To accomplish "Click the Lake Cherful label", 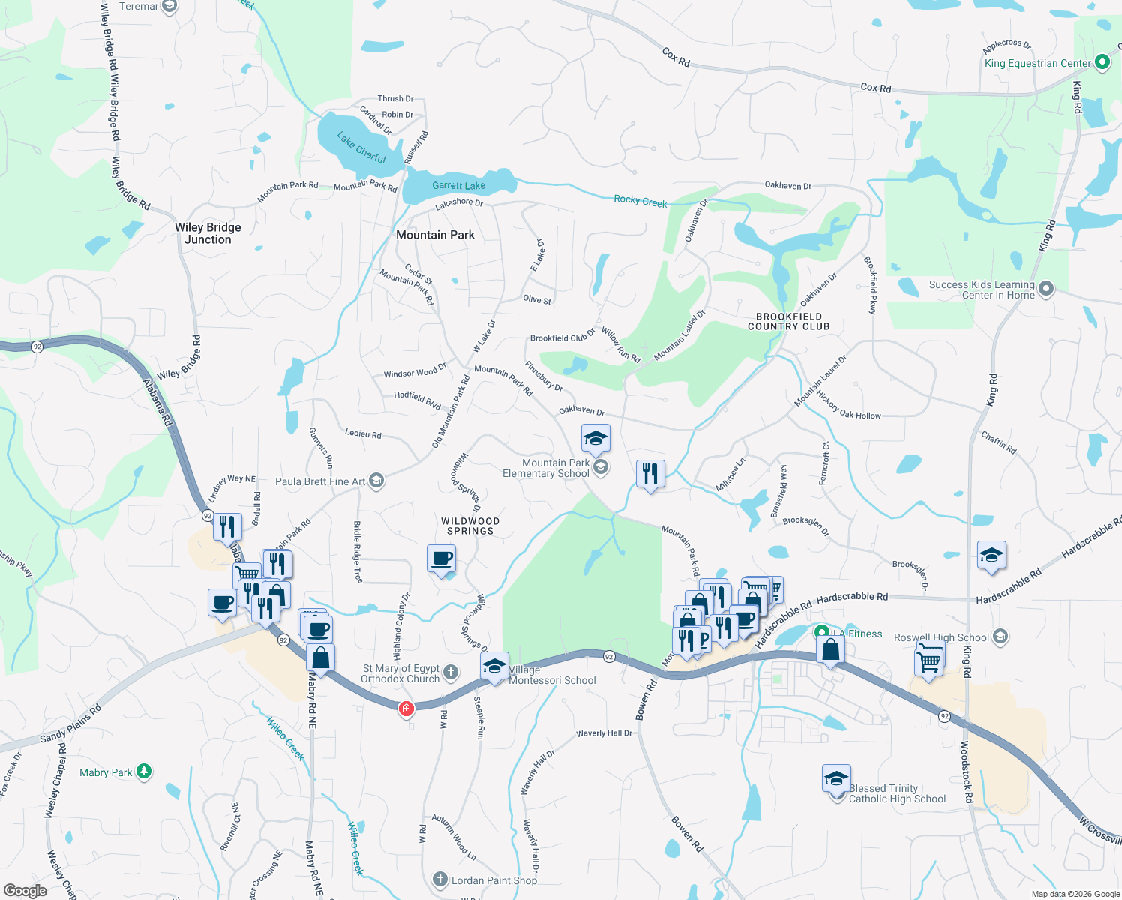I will [361, 148].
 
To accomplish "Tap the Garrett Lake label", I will [458, 185].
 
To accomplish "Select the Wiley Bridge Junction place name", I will [208, 233].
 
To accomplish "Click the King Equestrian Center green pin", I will [1102, 63].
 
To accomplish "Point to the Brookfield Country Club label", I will [788, 322].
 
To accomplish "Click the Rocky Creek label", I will [640, 201].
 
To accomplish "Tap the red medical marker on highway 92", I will [406, 708].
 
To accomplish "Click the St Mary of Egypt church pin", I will [451, 672].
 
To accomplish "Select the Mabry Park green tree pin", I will [144, 771].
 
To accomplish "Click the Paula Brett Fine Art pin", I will [376, 481].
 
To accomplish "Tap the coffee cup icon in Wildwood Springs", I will [442, 559].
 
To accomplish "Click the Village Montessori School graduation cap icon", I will [494, 666].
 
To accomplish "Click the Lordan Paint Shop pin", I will [440, 879].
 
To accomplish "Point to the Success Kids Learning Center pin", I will [1046, 288].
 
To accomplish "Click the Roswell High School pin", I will [1000, 637].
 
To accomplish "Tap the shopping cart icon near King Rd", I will [929, 661].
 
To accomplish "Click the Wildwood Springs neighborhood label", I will [469, 526].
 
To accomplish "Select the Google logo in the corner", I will [25, 890].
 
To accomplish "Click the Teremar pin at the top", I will [169, 7].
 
